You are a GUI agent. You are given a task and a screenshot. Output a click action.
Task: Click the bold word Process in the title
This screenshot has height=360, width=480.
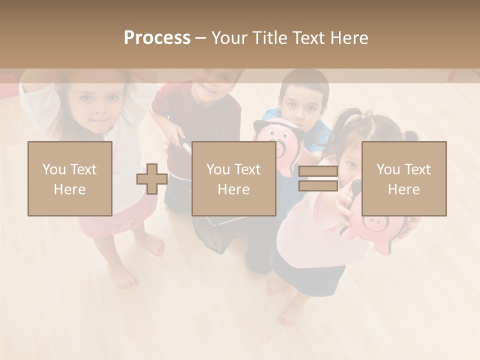(157, 38)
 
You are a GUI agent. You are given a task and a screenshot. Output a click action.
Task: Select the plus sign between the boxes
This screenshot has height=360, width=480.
(152, 179)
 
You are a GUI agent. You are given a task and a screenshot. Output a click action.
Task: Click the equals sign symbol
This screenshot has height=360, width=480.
(318, 179)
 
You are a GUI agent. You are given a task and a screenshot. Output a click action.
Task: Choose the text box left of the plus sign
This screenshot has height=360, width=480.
(69, 179)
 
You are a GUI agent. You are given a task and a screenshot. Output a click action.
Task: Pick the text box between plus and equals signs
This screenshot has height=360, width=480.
(233, 179)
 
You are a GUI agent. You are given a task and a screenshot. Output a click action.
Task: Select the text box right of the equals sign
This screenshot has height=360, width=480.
(404, 179)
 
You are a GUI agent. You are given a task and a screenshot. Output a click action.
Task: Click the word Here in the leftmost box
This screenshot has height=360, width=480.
(69, 189)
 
